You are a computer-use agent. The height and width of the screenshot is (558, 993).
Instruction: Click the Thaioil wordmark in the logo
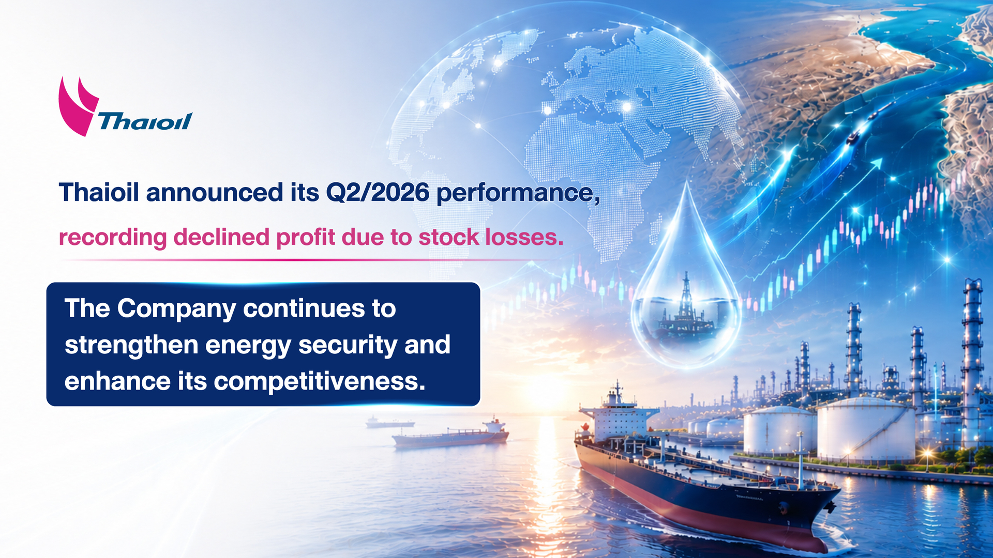coord(145,121)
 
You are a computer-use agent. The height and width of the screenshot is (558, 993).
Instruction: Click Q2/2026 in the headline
coord(378,193)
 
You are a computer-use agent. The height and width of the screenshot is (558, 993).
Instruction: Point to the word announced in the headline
coord(215,193)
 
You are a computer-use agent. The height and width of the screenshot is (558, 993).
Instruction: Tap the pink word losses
coord(524,237)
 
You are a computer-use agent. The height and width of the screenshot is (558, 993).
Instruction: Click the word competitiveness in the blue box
coord(320,382)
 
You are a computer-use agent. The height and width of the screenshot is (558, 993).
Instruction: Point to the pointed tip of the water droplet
coord(687,180)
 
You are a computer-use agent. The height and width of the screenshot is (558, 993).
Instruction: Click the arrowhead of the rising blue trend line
coord(877,164)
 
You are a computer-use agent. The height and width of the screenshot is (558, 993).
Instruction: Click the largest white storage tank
coord(865,430)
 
